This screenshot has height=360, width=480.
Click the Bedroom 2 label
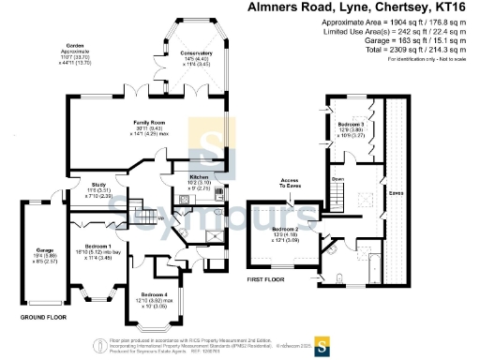click(285, 229)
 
